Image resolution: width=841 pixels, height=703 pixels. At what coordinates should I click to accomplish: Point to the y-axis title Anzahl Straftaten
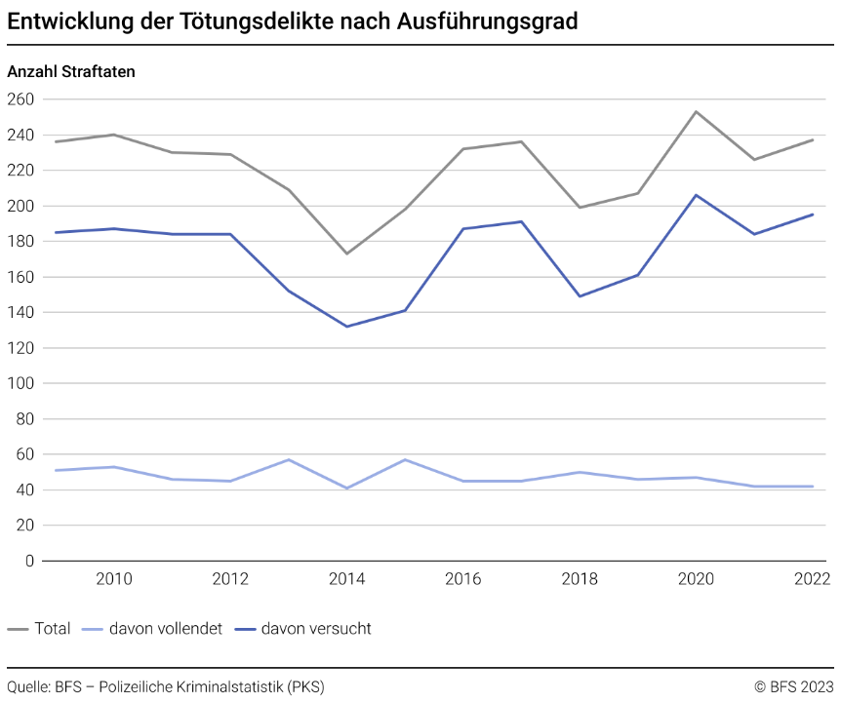[x=71, y=72]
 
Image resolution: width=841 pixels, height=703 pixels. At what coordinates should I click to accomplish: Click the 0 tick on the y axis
[x=30, y=561]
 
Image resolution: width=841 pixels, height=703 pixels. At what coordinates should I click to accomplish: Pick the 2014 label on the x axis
[x=346, y=579]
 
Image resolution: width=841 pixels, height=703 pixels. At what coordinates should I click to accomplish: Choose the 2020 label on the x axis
[x=696, y=579]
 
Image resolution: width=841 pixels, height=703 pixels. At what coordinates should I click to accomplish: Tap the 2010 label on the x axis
[x=113, y=579]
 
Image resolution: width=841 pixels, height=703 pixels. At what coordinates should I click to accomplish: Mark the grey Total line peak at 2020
[x=696, y=111]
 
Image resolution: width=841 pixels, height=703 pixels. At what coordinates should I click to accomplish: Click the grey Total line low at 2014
[x=346, y=254]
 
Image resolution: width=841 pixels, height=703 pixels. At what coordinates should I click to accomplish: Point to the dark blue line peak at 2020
[x=696, y=195]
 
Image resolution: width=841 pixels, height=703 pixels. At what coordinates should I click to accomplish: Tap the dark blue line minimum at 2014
[x=346, y=326]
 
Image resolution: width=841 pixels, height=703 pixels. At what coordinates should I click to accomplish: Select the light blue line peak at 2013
[x=289, y=459]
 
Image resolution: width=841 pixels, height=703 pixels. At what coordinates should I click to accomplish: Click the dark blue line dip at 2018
[x=580, y=295]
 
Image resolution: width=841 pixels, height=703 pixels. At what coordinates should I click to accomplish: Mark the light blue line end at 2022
[x=812, y=486]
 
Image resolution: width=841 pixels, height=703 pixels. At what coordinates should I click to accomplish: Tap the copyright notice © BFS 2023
[x=793, y=686]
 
